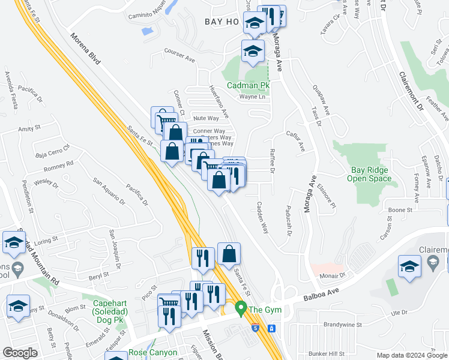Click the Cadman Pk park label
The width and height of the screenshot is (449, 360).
pos(248,86)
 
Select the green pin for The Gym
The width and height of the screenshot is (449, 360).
pos(241,310)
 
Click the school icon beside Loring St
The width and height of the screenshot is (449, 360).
pos(13,242)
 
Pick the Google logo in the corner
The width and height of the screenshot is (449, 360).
pos(20,353)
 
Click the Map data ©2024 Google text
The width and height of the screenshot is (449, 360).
pos(411,355)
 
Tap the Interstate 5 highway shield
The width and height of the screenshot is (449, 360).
pos(257,328)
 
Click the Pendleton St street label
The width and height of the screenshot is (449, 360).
pos(27,196)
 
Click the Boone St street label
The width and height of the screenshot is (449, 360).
pos(400,210)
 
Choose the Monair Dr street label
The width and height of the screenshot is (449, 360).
pos(334,275)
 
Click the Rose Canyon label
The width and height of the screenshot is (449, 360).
pos(153,353)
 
